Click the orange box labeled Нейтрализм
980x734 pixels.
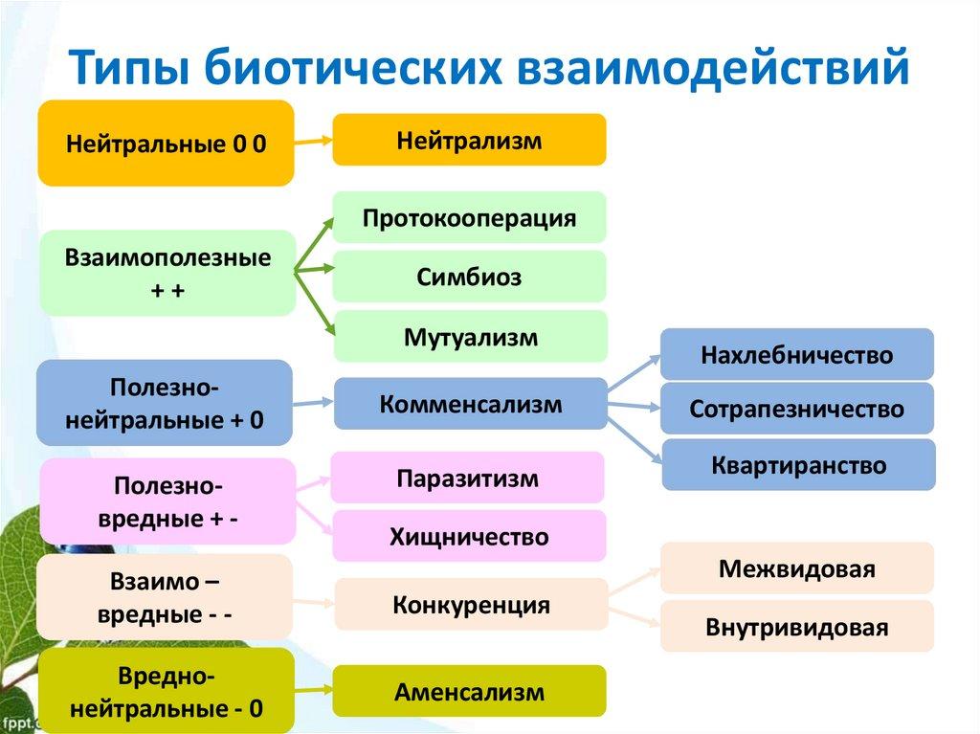[x=469, y=141]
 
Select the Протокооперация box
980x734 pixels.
[x=469, y=217]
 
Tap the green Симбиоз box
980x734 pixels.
[x=469, y=277]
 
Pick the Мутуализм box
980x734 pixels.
[x=470, y=337]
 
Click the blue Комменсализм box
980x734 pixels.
[x=470, y=403]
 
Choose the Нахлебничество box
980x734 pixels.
[x=796, y=355]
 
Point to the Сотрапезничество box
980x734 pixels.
[x=796, y=409]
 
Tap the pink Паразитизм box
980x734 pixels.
[x=468, y=478]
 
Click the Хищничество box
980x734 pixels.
[x=469, y=536]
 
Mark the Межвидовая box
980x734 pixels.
[x=796, y=568]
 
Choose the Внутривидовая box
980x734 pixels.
[x=796, y=627]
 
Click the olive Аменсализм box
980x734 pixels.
[x=469, y=691]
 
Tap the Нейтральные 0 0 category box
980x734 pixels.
[x=166, y=144]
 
